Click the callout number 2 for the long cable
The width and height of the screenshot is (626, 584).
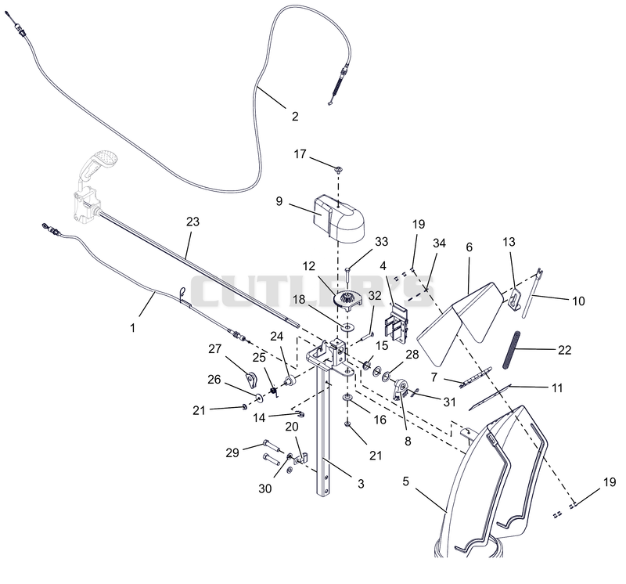[x=295, y=116]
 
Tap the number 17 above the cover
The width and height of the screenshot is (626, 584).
[x=300, y=153]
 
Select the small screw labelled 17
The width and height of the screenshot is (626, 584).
[x=339, y=170]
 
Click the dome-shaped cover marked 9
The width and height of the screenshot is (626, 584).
[x=339, y=218]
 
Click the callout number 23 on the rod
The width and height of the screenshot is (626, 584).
[x=192, y=222]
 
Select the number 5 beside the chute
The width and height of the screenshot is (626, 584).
[x=405, y=481]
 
